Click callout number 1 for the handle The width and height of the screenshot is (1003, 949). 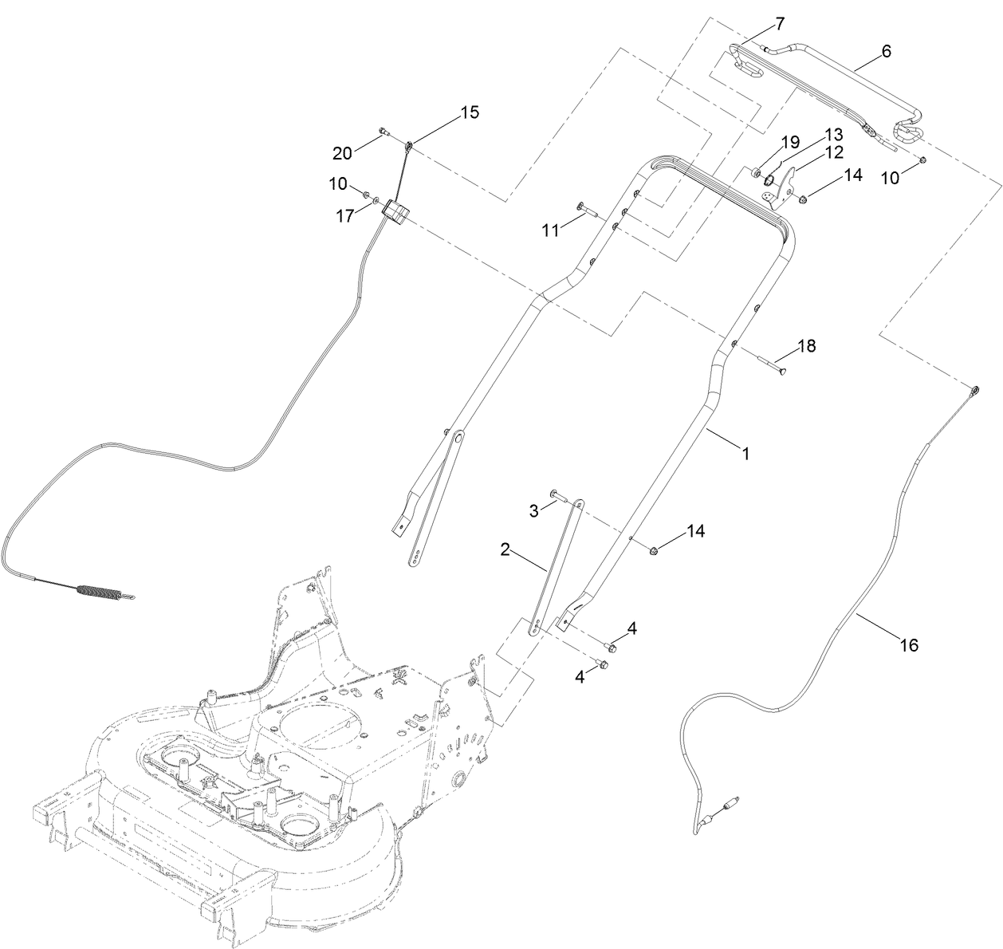[x=745, y=453]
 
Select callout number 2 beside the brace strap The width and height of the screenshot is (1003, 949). [x=505, y=549]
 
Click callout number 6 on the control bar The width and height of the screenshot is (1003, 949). [x=886, y=51]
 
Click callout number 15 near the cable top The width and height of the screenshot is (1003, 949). [x=470, y=112]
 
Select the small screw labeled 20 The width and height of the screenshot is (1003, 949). [x=383, y=131]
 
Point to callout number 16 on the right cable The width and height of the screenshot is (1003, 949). [x=910, y=644]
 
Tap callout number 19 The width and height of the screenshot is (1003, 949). [x=789, y=142]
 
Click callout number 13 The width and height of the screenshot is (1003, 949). [x=832, y=133]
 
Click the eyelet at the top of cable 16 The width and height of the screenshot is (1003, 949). [x=974, y=391]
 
